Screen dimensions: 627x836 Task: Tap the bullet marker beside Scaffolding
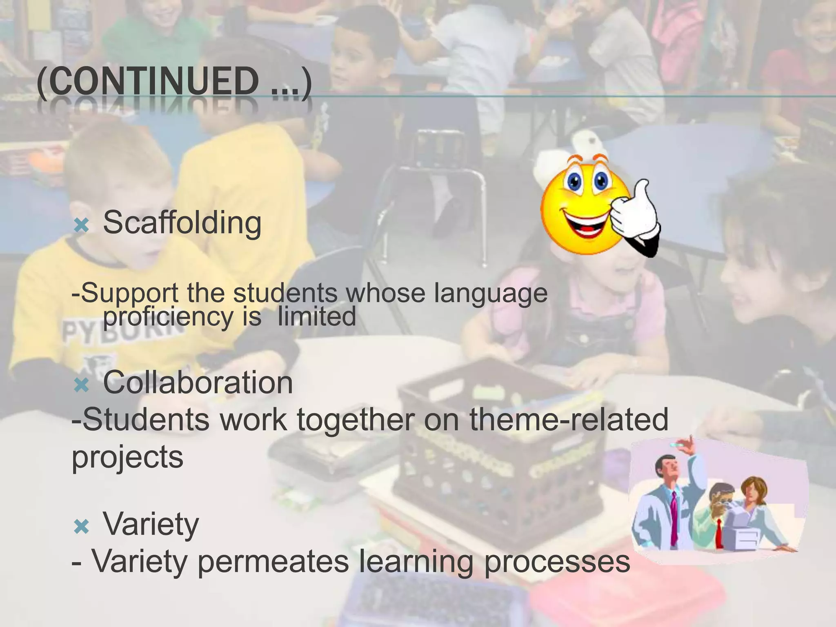coord(82,225)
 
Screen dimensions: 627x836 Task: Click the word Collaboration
coord(198,382)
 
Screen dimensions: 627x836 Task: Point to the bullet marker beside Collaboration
coord(82,385)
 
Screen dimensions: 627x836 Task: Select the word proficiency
coord(167,316)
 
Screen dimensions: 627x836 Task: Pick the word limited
coord(317,316)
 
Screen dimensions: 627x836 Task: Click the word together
coord(355,420)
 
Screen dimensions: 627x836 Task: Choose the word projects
coord(127,457)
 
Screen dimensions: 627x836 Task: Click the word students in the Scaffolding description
coord(285,293)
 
